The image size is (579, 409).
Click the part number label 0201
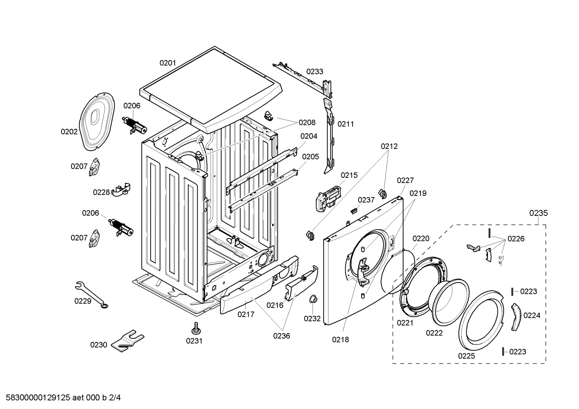tap(167, 63)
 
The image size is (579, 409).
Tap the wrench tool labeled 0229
tap(91, 294)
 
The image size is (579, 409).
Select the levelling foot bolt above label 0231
tap(196, 329)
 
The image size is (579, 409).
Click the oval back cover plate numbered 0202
tap(97, 122)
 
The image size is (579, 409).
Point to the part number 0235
tap(538, 213)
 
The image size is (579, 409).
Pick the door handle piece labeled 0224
tap(516, 317)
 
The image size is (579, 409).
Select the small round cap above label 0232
tap(313, 299)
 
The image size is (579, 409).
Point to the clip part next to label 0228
tap(121, 189)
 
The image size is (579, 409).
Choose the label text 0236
tap(281, 336)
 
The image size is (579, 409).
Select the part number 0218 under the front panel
tap(340, 340)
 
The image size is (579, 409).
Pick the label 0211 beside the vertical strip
tap(346, 124)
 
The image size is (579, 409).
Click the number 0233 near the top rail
tap(314, 71)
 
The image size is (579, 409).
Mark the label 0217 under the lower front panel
tap(246, 314)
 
